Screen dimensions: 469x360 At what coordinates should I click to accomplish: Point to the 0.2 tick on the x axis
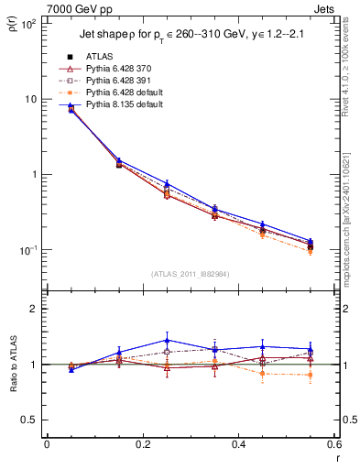pos(142,444)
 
